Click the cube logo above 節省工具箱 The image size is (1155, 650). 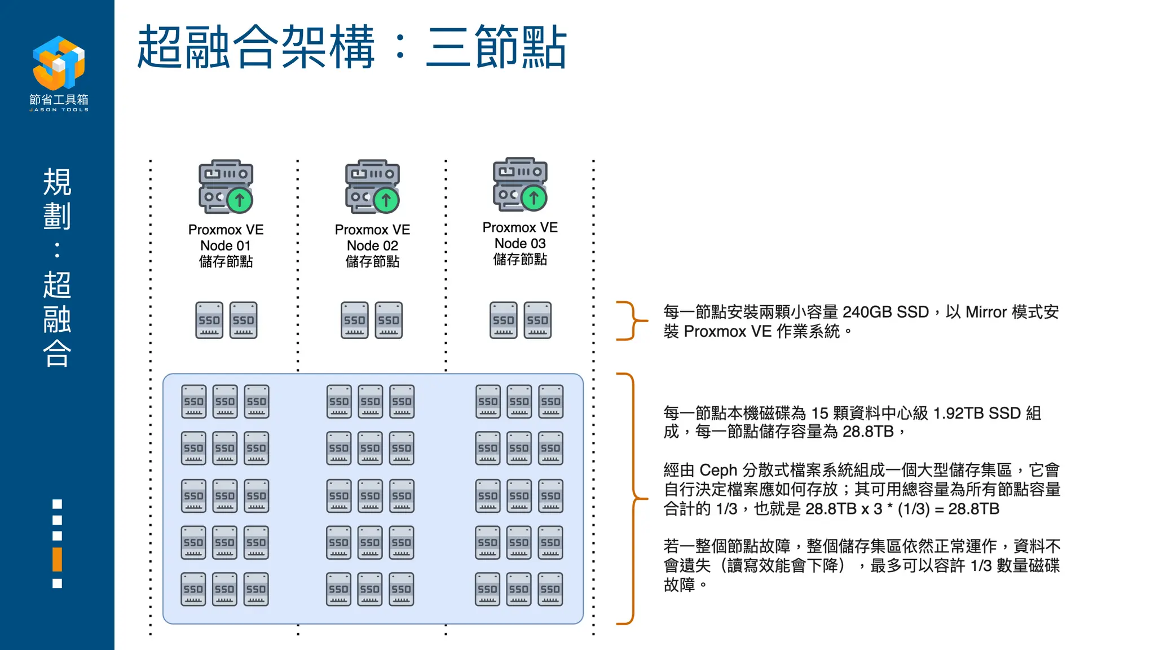point(59,63)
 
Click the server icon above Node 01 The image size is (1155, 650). point(226,187)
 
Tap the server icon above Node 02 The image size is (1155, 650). point(372,187)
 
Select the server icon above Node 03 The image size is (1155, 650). point(520,185)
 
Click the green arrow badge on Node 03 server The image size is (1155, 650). point(534,198)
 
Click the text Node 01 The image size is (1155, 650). point(225,245)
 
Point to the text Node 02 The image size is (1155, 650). point(372,245)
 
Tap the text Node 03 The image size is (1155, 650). point(520,243)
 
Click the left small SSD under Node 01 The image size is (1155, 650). point(209,320)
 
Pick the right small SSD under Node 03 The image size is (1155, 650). point(537,320)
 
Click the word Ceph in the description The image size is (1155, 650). point(718,470)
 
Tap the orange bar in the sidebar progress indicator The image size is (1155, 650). point(57,559)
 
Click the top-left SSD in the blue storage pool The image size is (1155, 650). point(193,401)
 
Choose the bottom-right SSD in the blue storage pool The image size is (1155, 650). point(550,589)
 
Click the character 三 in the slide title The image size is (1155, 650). point(448,47)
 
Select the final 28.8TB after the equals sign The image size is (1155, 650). point(973,509)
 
